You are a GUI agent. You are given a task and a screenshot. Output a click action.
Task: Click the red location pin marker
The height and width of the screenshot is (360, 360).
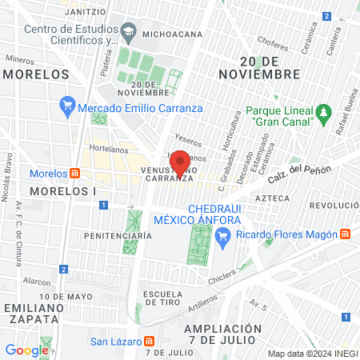pos(180,162)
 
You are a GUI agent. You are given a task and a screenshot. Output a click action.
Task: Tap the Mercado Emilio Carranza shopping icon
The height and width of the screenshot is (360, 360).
pos(68,105)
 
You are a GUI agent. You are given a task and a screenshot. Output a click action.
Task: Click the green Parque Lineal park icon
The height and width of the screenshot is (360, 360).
pos(324,111)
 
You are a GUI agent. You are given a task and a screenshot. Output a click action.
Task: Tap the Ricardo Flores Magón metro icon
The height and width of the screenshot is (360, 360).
pos(345,234)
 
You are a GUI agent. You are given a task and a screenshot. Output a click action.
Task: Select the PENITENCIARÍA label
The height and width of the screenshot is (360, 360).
pos(118,236)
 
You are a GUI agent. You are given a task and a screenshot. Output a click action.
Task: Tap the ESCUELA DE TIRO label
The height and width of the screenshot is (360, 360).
pos(164,298)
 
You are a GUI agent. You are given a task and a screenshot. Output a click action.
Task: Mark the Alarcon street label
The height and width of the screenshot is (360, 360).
pos(37,282)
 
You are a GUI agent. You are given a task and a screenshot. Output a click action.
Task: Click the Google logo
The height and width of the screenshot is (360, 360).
pos(26,350)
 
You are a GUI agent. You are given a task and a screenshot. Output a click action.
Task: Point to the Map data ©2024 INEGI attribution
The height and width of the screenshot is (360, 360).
pos(312,354)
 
